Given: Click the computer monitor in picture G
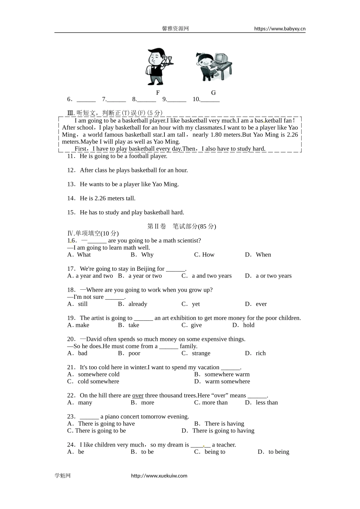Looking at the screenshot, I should [221, 58].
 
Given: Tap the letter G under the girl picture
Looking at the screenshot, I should [213, 93].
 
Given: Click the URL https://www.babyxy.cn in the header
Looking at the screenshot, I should [280, 28].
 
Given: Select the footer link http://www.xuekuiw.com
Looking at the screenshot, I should [159, 476].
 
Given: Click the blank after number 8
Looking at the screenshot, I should [147, 100].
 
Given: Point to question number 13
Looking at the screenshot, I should [71, 184].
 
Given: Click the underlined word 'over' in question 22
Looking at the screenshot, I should [138, 396].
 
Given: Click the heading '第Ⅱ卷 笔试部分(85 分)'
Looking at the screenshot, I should [182, 226].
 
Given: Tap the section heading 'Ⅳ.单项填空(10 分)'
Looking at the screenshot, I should [93, 234].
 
